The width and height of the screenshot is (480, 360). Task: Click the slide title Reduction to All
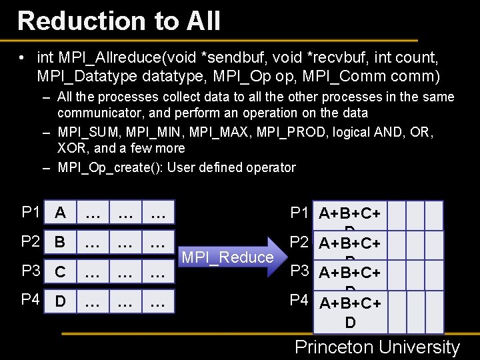tap(119, 21)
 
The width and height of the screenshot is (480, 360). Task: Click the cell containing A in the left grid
tap(60, 213)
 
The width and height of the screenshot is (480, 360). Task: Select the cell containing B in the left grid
tap(60, 242)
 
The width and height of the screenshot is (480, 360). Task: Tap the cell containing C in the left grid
tap(60, 272)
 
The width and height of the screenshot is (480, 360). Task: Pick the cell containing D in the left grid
tap(60, 301)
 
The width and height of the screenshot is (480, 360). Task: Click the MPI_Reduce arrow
tap(228, 257)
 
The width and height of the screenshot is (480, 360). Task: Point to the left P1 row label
tap(31, 213)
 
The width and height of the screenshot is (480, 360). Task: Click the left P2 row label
tap(31, 241)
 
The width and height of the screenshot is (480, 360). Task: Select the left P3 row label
tap(31, 271)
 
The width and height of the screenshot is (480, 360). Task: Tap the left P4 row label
tap(31, 300)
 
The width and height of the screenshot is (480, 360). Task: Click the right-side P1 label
tap(299, 213)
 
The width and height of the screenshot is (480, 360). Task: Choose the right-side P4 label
tap(299, 301)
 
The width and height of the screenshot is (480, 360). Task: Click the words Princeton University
tap(377, 347)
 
